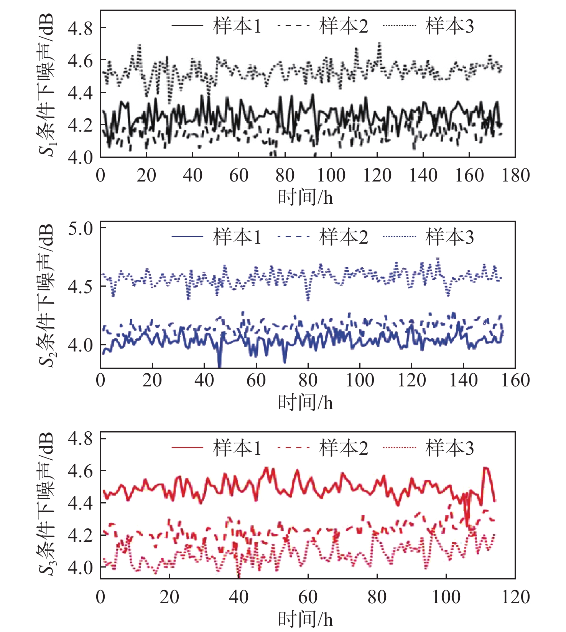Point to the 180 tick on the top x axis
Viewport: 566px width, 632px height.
tap(515, 175)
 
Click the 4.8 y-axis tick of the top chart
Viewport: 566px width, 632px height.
tap(80, 28)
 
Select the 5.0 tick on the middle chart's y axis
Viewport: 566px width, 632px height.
tap(80, 228)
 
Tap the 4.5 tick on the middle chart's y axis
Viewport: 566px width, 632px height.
tap(80, 287)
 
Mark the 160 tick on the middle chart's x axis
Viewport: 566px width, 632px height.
tap(515, 380)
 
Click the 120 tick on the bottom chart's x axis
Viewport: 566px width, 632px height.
tap(515, 597)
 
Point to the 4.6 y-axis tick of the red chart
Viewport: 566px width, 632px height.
tap(80, 471)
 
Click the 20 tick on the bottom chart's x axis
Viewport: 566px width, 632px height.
tap(169, 597)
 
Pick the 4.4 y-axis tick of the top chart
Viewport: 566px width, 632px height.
tap(80, 93)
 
